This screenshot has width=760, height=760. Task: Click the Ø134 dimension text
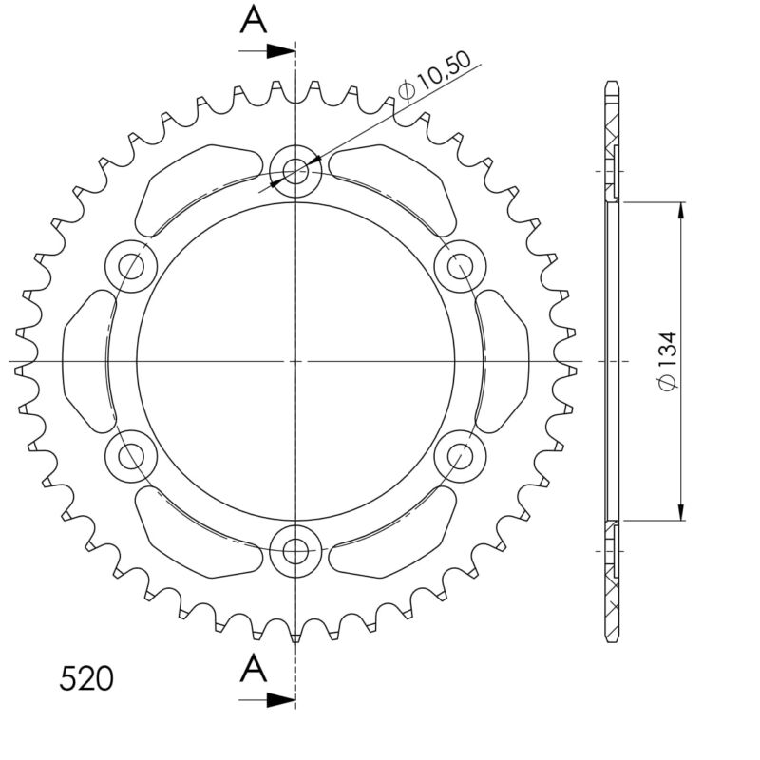click(667, 361)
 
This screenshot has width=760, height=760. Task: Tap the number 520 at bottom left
click(86, 678)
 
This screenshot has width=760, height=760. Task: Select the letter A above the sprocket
click(252, 20)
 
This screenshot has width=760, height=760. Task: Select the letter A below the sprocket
click(252, 669)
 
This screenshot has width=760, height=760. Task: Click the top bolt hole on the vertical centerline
click(296, 172)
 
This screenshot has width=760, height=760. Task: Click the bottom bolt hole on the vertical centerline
click(296, 550)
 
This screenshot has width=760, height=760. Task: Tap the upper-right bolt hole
click(460, 266)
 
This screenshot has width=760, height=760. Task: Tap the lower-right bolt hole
click(460, 455)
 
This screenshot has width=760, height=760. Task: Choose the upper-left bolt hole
click(132, 266)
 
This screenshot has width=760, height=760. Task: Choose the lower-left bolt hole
click(132, 455)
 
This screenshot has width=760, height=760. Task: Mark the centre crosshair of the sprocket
click(296, 361)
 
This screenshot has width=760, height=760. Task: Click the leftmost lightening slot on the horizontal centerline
click(87, 361)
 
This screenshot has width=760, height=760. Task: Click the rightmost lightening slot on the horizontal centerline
click(504, 361)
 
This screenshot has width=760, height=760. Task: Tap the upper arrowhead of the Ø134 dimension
click(681, 211)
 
